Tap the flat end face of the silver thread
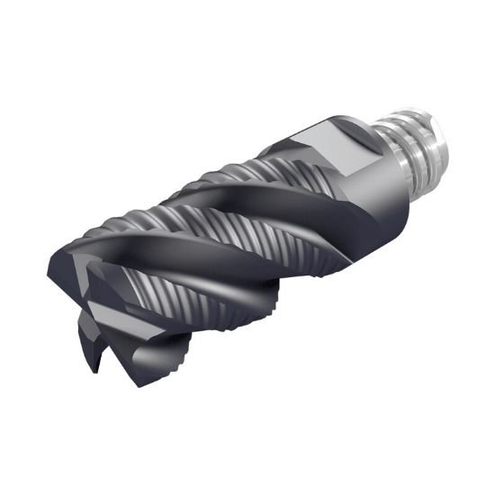pos(437,135)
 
